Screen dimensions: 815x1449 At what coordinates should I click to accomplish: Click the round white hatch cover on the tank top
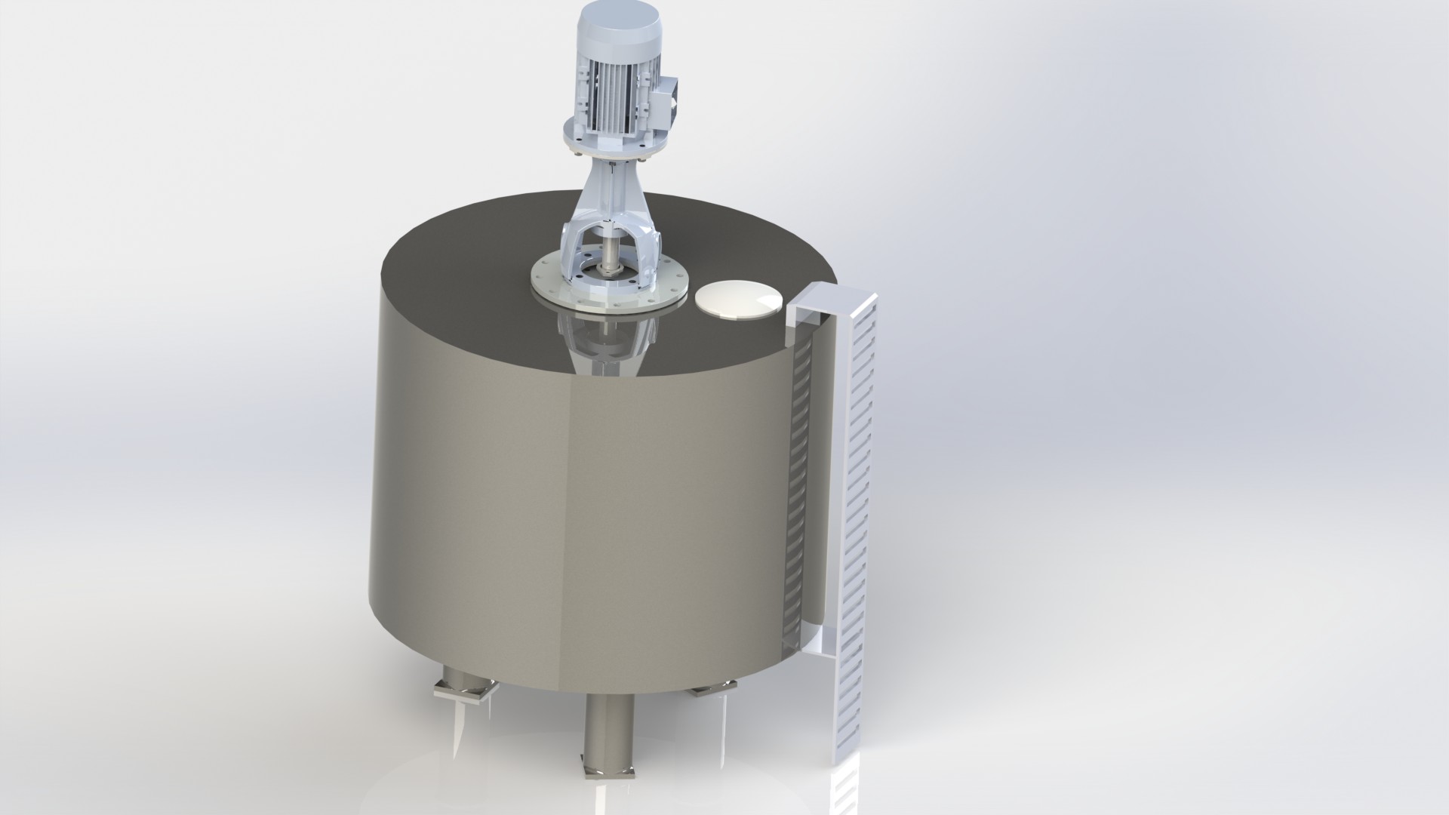tap(738, 300)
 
